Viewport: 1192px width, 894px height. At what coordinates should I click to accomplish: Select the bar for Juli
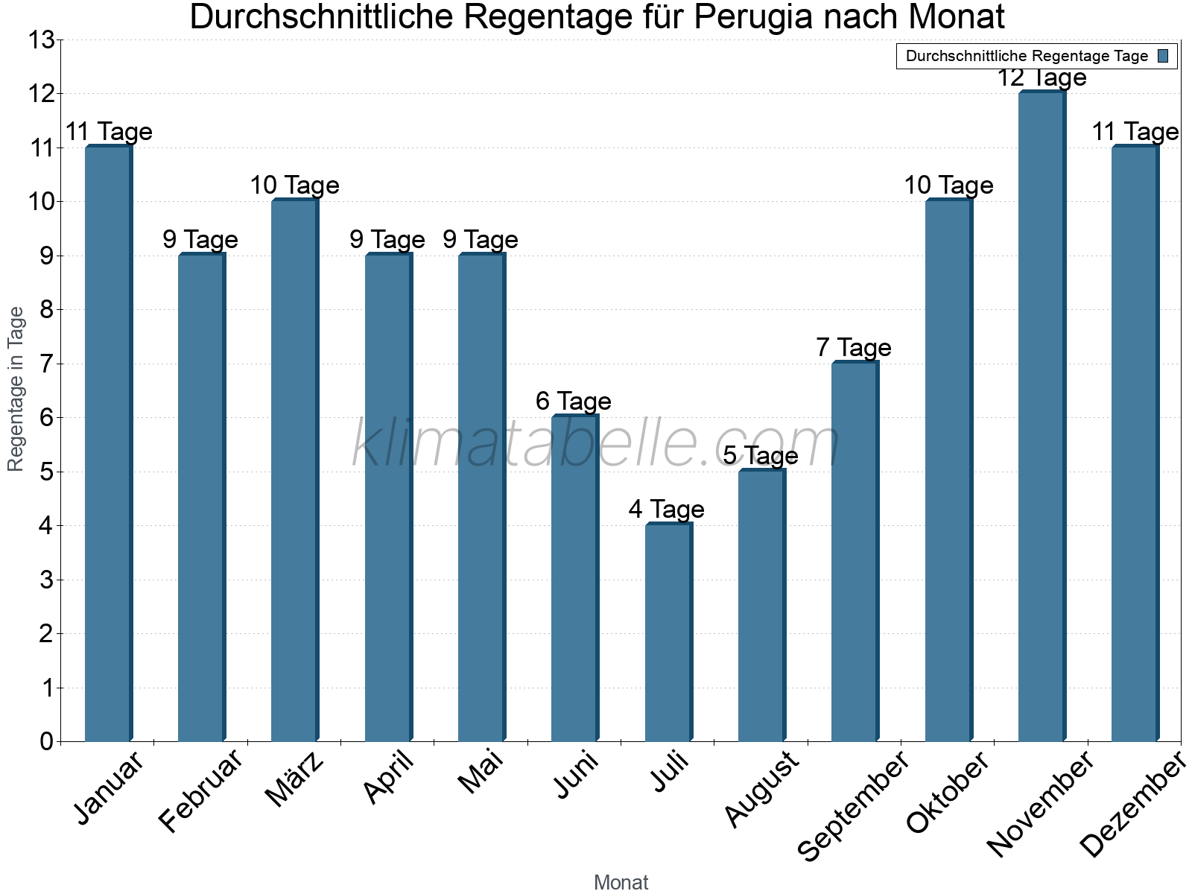click(668, 633)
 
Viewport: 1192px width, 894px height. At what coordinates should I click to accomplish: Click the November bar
click(1041, 417)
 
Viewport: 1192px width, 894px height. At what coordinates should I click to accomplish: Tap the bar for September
click(854, 551)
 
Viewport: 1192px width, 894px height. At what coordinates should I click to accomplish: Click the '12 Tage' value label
click(1042, 77)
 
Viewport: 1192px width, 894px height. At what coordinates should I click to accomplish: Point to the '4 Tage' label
click(666, 510)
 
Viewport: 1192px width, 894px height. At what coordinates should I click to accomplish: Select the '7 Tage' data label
click(853, 347)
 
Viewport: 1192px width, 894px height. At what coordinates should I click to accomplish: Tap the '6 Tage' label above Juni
click(574, 402)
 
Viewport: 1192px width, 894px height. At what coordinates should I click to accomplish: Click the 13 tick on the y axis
click(42, 40)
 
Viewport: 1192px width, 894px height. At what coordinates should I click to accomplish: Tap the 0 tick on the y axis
click(46, 741)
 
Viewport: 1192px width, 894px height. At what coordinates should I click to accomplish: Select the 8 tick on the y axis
click(46, 310)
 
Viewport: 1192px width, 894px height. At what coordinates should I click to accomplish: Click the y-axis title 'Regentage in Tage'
click(16, 389)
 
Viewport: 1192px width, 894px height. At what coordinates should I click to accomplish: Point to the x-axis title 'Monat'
click(621, 882)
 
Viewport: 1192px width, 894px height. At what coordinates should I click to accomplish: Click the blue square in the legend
click(1164, 56)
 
